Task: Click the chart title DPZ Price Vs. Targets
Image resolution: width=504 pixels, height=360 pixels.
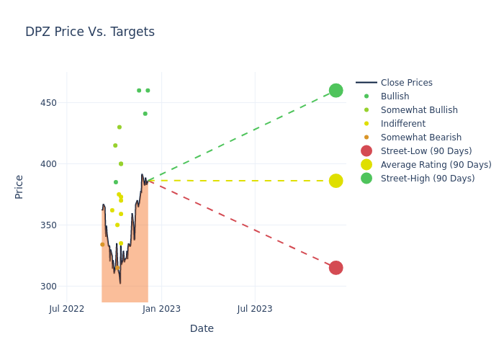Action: point(90,32)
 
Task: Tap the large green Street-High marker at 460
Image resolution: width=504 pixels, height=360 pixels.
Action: point(336,91)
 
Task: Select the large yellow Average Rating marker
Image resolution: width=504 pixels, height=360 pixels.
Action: point(336,181)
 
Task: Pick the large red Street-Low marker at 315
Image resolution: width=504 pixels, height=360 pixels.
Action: point(336,268)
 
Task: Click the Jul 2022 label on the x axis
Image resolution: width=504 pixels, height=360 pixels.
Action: point(67,310)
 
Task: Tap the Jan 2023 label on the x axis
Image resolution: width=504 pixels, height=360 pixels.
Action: point(161,310)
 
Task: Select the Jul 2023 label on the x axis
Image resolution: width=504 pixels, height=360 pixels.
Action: point(255,310)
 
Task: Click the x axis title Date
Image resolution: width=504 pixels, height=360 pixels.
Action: point(202,329)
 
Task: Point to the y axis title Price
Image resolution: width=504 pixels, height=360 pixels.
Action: point(19,186)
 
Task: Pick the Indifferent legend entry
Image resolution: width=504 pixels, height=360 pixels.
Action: point(402,124)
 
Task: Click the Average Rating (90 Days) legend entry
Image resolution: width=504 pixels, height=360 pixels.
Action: point(436,165)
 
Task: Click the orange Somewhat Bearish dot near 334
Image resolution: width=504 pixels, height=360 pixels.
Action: point(102,245)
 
